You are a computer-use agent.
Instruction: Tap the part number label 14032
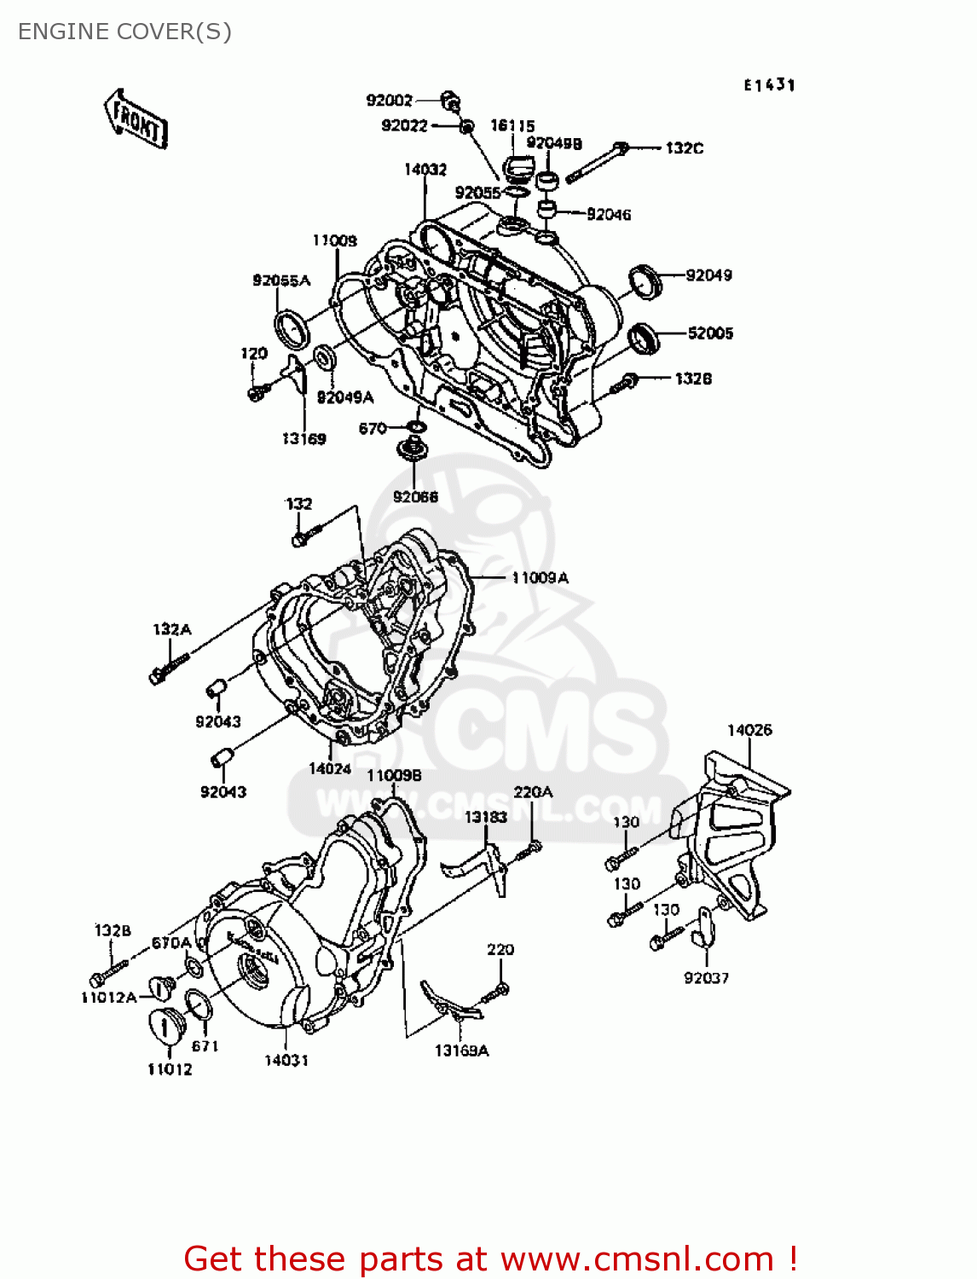(425, 170)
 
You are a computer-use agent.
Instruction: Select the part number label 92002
(389, 101)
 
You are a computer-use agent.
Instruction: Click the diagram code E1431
(769, 85)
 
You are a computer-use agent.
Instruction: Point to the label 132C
(685, 148)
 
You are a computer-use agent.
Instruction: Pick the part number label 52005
(710, 333)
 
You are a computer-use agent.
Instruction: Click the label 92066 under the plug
(415, 497)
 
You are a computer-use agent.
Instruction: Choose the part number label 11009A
(540, 578)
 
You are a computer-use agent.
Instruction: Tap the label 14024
(330, 769)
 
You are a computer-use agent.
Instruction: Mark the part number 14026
(749, 731)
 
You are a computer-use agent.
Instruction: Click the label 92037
(706, 978)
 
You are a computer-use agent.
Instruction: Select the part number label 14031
(286, 1061)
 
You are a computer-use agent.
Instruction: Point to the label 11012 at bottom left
(170, 1070)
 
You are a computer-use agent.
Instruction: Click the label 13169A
(461, 1051)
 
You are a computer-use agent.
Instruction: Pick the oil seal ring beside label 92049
(645, 281)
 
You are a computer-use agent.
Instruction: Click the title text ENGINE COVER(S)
(124, 32)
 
